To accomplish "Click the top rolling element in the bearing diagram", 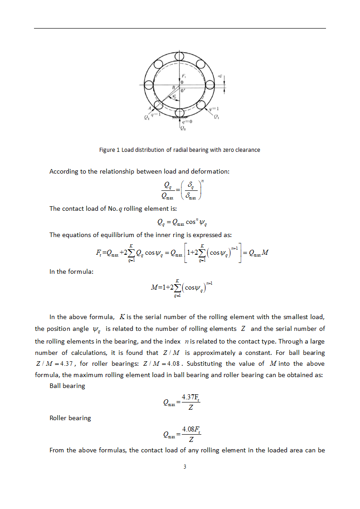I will pyautogui.click(x=180, y=56).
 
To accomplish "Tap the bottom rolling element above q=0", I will pyautogui.click(x=180, y=113).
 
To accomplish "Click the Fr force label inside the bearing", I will pyautogui.click(x=183, y=75).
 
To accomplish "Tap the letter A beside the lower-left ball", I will pyautogui.click(x=149, y=109).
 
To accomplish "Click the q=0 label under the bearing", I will pyautogui.click(x=186, y=121).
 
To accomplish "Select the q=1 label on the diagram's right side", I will pyautogui.click(x=214, y=109).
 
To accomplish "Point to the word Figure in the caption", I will pyautogui.click(x=107, y=150).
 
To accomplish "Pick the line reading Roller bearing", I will pyautogui.click(x=70, y=418).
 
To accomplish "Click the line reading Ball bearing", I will pyautogui.click(x=67, y=386).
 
